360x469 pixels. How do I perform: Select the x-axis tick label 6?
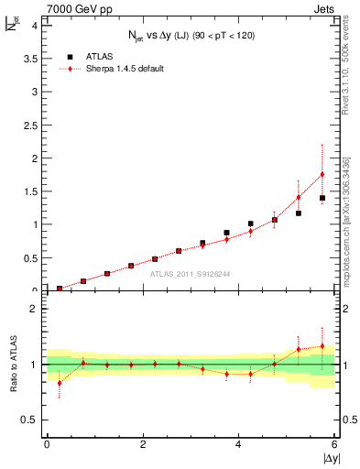335,444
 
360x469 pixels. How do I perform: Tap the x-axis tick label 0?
47,444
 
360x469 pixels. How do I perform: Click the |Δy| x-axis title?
330,457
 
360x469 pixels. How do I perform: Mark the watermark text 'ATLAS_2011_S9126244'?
191,273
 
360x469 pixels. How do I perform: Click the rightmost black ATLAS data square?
322,198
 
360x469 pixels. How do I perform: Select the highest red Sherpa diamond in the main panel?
322,174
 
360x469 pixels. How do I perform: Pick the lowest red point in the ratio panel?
60,383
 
